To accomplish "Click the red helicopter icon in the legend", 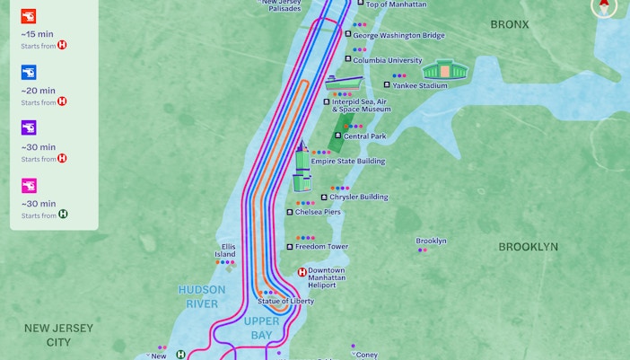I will (x=29, y=16).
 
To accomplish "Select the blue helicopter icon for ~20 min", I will (x=29, y=73).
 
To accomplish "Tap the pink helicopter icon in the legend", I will (x=29, y=186).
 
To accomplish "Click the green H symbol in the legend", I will (x=62, y=215).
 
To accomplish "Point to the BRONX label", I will (x=510, y=24).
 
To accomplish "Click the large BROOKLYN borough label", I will (x=528, y=247).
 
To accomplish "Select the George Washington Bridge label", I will (x=398, y=36).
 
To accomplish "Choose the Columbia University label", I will (x=388, y=61).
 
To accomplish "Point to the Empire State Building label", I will (x=347, y=162).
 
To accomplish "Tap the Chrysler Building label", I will (x=359, y=197).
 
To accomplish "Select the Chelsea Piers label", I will (x=318, y=212).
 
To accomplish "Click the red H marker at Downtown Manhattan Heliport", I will (x=302, y=272).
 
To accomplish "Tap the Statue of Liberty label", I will (x=285, y=302).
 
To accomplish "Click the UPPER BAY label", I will (x=262, y=328).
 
